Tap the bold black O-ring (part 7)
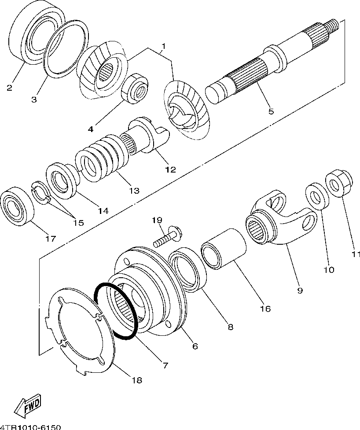96,298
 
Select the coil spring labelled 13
102,158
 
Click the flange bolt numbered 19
167,238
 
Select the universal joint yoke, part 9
283,217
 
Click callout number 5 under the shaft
271,111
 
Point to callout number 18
136,380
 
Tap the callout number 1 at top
163,46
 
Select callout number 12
171,169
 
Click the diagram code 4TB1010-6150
30,427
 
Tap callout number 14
103,211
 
